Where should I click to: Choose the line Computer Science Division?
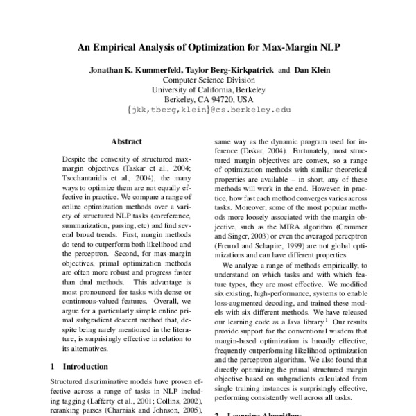207,80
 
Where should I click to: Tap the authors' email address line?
209,110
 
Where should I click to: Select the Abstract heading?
126,141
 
